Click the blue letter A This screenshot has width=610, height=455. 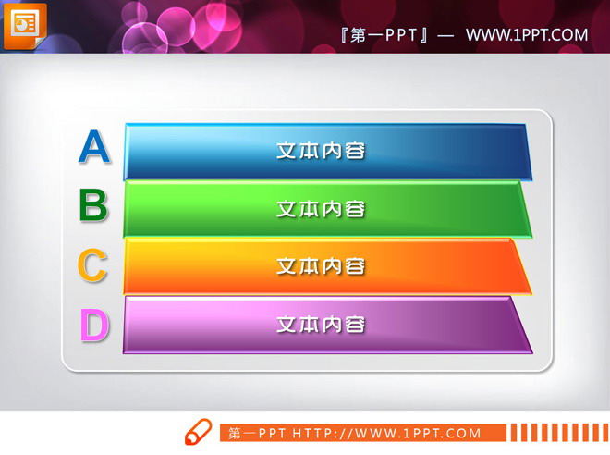tap(94, 147)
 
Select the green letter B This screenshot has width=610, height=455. tap(93, 206)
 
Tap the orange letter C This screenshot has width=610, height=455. tap(92, 266)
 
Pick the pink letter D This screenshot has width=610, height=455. tap(93, 325)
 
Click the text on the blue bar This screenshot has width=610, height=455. tap(321, 150)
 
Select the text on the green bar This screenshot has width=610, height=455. tap(321, 209)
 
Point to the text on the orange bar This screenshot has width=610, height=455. tap(321, 266)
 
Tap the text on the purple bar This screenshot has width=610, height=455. tap(321, 325)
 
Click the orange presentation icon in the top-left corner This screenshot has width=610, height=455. tap(25, 24)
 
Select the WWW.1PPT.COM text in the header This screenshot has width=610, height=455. tap(527, 35)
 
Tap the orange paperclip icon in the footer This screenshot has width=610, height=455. tap(198, 432)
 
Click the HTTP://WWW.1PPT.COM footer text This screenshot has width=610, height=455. tap(387, 433)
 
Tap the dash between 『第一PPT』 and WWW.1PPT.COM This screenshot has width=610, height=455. tap(445, 35)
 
